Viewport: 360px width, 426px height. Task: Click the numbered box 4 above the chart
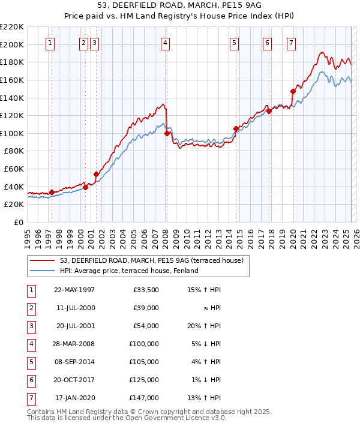[164, 43]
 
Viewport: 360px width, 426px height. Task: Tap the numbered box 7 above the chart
[290, 43]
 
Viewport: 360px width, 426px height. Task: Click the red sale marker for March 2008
[167, 133]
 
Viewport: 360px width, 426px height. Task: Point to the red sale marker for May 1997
[52, 193]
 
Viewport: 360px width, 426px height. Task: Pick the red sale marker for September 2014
[236, 128]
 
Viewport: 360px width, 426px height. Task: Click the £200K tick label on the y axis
[12, 44]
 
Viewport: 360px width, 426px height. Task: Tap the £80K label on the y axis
[14, 151]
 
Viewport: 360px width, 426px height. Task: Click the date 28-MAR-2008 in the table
[74, 344]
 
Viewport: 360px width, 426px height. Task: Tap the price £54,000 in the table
[145, 326]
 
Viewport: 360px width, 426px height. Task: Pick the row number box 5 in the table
[31, 362]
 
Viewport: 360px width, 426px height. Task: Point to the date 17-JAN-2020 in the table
[74, 398]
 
